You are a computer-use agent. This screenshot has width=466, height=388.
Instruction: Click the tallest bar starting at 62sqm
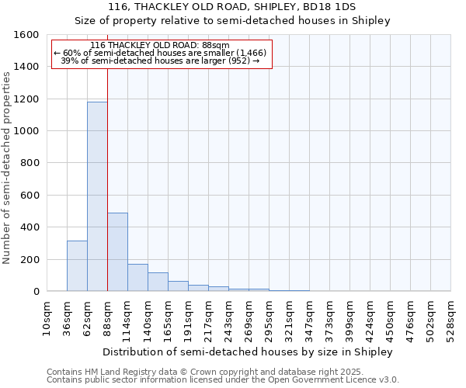pyautogui.click(x=97, y=196)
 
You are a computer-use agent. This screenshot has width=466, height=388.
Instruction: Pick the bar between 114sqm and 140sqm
pyautogui.click(x=137, y=278)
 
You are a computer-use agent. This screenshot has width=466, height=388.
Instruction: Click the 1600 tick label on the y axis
pyautogui.click(x=26, y=35)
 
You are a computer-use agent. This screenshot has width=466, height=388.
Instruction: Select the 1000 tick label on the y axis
pyautogui.click(x=26, y=131)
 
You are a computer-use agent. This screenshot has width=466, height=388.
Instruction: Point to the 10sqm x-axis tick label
pyautogui.click(x=47, y=318)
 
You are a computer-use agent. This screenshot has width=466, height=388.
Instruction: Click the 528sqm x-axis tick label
pyautogui.click(x=450, y=318)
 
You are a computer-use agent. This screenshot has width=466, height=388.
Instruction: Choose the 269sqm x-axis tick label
pyautogui.click(x=249, y=318)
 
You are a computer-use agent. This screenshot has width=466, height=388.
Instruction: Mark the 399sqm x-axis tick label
pyautogui.click(x=349, y=318)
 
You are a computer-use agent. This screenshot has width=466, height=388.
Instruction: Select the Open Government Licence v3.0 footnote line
pyautogui.click(x=222, y=380)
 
